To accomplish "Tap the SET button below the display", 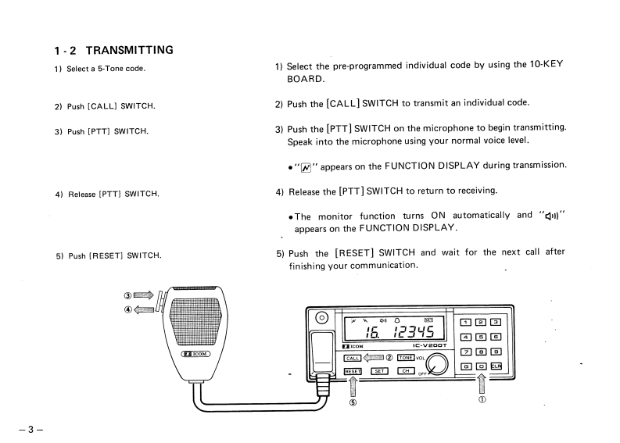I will coord(379,371).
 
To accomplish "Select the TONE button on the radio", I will coord(405,358).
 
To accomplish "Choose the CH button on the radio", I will coord(405,371).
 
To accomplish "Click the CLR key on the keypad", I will coord(496,366).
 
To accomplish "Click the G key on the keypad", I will coord(466,366).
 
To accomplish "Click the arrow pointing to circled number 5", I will coord(353,386).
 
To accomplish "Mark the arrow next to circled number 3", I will coord(144,295).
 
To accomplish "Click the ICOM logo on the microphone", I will coord(195,353).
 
